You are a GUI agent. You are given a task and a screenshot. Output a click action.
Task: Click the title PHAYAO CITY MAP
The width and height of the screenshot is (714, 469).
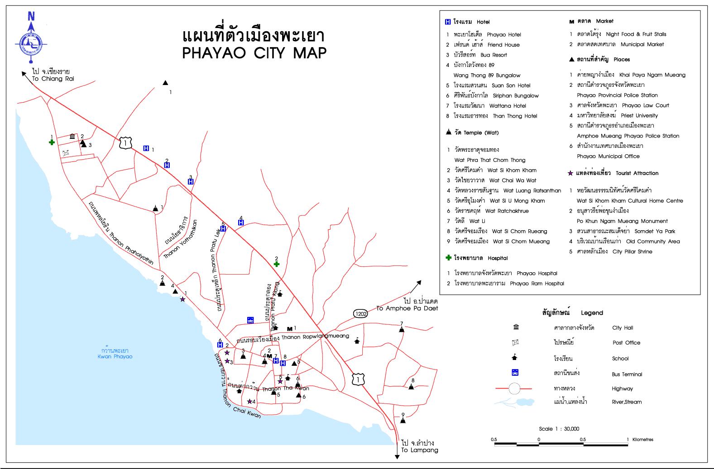coord(254,53)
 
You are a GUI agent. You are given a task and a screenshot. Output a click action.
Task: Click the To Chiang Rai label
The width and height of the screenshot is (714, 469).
coord(53,79)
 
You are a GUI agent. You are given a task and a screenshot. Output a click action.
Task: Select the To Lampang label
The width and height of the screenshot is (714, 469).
coord(419,450)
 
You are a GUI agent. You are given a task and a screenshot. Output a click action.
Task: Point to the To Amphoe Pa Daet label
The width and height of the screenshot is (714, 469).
coord(407,308)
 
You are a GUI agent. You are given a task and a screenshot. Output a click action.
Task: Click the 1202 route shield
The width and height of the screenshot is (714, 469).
coord(360,313)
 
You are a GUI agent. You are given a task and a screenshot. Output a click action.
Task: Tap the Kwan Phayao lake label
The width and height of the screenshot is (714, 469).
coord(115,356)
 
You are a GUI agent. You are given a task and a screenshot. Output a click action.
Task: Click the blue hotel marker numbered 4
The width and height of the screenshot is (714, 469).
coord(241,222)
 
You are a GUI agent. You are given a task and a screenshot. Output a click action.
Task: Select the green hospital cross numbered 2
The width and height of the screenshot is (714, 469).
coord(277,264)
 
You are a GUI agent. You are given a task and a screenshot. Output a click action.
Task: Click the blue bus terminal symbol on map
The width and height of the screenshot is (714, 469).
coord(250,320)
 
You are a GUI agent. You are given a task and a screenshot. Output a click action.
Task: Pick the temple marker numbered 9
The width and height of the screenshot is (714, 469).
coord(403,420)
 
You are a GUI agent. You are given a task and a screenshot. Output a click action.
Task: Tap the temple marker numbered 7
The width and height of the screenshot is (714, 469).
coord(401,329)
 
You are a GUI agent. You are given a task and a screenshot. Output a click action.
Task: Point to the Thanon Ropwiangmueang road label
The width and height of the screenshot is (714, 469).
coord(315,336)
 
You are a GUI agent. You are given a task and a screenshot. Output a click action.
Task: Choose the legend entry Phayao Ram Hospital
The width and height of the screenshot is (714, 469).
coord(537,284)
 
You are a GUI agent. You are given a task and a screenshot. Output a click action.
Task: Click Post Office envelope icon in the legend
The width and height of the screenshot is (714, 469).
coord(515,342)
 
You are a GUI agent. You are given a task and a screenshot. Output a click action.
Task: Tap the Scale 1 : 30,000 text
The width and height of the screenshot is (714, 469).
coord(559,429)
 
